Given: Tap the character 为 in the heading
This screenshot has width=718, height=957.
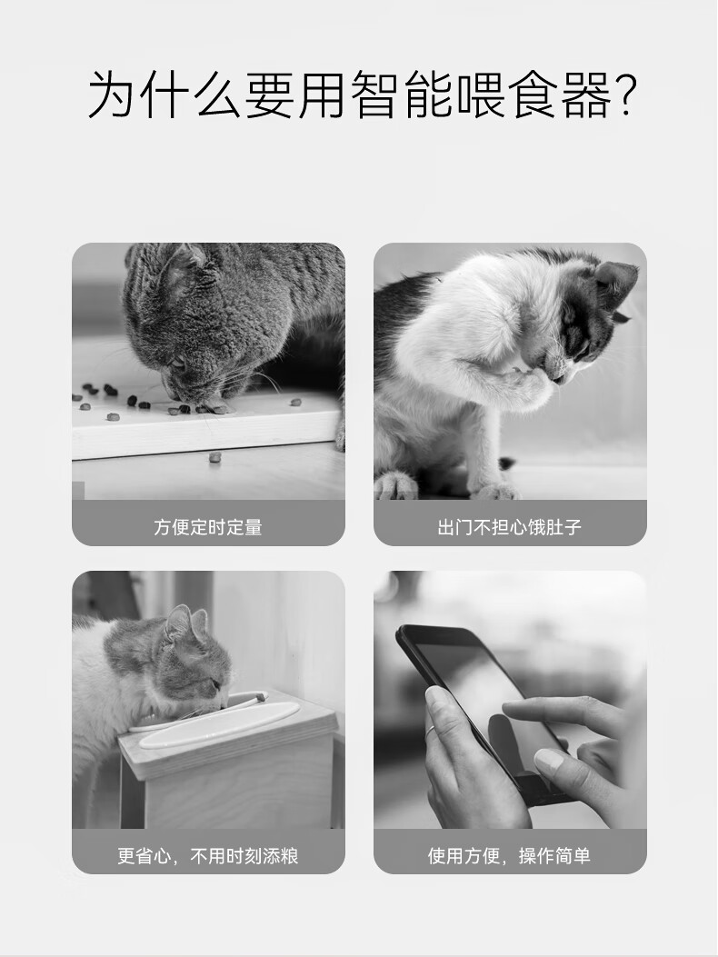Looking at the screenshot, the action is (x=112, y=94).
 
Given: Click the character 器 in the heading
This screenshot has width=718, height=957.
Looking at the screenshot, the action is (x=586, y=94).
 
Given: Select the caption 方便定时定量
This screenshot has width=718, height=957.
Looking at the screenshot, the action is (x=208, y=527).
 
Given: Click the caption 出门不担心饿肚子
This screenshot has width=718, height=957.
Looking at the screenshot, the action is (x=510, y=527).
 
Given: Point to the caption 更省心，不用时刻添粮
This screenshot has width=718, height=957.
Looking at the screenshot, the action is (x=208, y=856).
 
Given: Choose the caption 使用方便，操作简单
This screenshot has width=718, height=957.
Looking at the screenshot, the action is (x=510, y=856).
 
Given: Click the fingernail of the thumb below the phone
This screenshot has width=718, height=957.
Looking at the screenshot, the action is (x=548, y=760).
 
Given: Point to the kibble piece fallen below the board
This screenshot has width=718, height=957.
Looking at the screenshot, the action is (x=214, y=456).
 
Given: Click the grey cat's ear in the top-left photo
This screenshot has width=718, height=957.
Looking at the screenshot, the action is (x=184, y=268).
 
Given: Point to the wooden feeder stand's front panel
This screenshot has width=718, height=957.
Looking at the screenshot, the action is (x=226, y=787).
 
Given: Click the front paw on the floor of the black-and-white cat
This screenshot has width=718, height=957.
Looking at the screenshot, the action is (x=497, y=488).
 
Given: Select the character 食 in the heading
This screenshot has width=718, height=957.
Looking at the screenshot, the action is (x=534, y=94).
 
